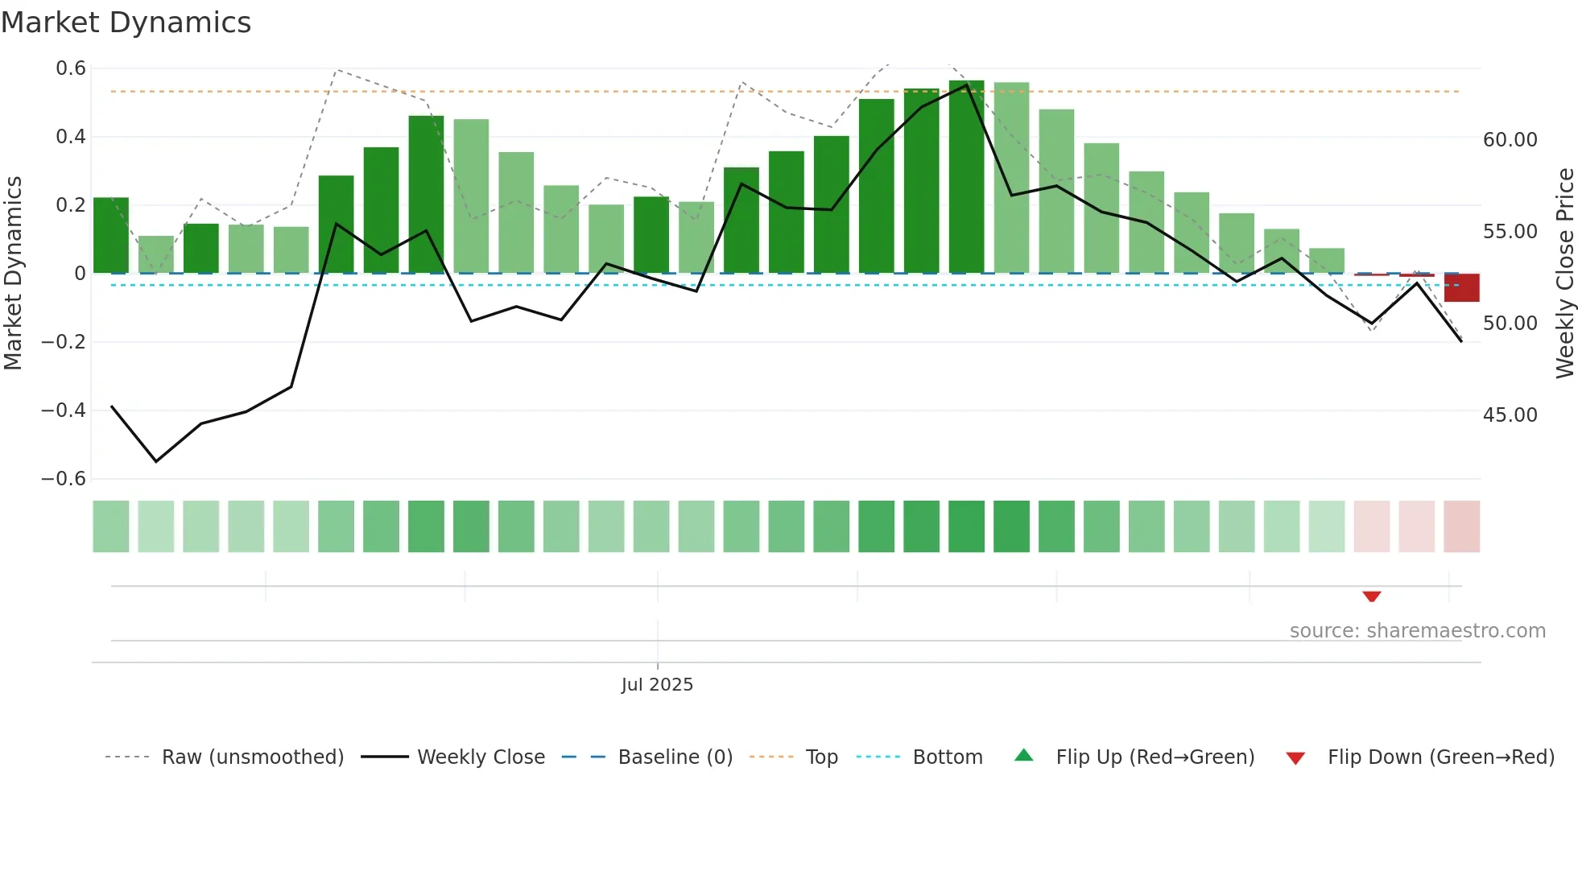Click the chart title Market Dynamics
coord(126,23)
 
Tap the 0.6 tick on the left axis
coord(71,68)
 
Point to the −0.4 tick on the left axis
coord(64,410)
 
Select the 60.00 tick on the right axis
coord(1510,140)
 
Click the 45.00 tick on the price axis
coord(1510,415)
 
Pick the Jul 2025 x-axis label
coord(657,685)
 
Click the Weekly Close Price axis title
coord(1564,273)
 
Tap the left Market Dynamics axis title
coord(13,273)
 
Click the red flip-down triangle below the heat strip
coord(1372,596)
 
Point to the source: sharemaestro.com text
coord(1417,631)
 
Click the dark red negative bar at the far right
coord(1461,287)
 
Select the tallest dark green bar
coord(966,177)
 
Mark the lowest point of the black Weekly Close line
coord(156,461)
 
